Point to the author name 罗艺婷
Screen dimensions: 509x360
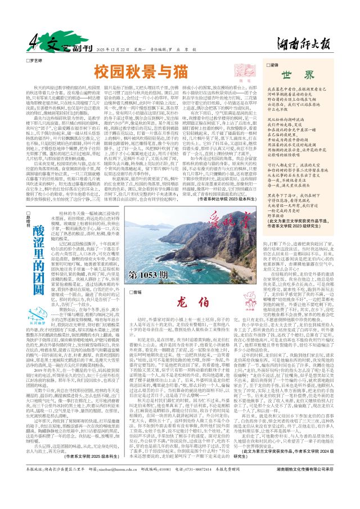tap(37, 59)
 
